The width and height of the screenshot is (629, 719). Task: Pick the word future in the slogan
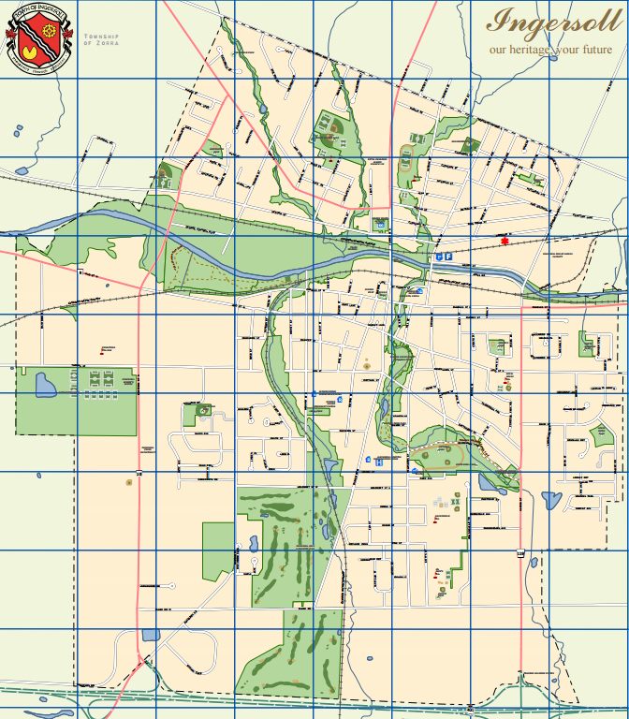tap(593, 49)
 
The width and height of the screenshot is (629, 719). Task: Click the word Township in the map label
tap(99, 36)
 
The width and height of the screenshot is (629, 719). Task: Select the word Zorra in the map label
tap(105, 43)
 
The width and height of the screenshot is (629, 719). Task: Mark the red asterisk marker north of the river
tap(505, 242)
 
